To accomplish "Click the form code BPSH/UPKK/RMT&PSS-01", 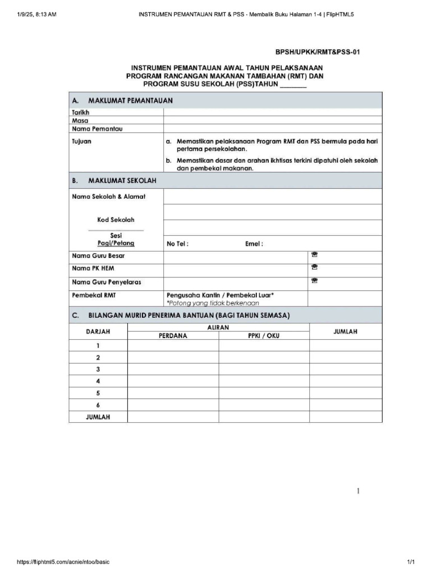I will (x=317, y=52).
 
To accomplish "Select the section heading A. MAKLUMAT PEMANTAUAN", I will (x=122, y=101).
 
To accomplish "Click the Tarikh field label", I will (x=80, y=113).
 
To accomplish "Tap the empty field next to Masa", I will (x=273, y=121).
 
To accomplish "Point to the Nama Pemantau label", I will (x=97, y=129).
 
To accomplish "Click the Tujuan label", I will (x=81, y=142).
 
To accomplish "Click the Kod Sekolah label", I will (x=116, y=220).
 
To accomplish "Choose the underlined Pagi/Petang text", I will (x=116, y=244).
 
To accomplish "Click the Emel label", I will (x=254, y=244).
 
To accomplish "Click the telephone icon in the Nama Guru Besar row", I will (x=314, y=255).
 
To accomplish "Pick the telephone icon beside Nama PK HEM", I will (x=314, y=268).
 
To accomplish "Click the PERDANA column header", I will (x=173, y=336).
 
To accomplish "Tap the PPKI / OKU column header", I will (x=264, y=336).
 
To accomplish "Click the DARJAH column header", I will (x=98, y=332).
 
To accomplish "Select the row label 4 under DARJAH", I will (x=98, y=381).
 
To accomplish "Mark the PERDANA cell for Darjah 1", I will (x=173, y=346).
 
